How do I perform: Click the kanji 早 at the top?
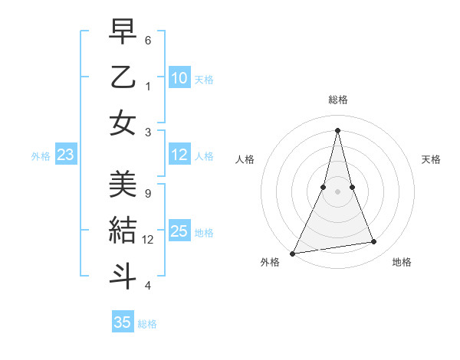[x=123, y=33]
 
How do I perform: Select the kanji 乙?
[x=123, y=77]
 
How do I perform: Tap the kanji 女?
[x=123, y=123]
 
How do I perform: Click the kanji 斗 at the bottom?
[x=123, y=275]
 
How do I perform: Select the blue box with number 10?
[x=179, y=77]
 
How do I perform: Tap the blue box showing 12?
[x=179, y=155]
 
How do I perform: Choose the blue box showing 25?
[x=179, y=231]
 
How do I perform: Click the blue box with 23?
[x=66, y=155]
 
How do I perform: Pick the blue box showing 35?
[x=123, y=322]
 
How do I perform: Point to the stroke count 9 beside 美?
[x=147, y=193]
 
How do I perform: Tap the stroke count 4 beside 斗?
[x=148, y=286]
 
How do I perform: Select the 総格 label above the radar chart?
[x=337, y=100]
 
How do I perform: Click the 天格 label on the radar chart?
[x=432, y=159]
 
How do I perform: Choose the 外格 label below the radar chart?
[x=270, y=262]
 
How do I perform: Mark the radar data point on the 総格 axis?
[x=337, y=129]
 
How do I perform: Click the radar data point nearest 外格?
[x=292, y=253]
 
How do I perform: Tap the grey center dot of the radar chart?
[x=337, y=192]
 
